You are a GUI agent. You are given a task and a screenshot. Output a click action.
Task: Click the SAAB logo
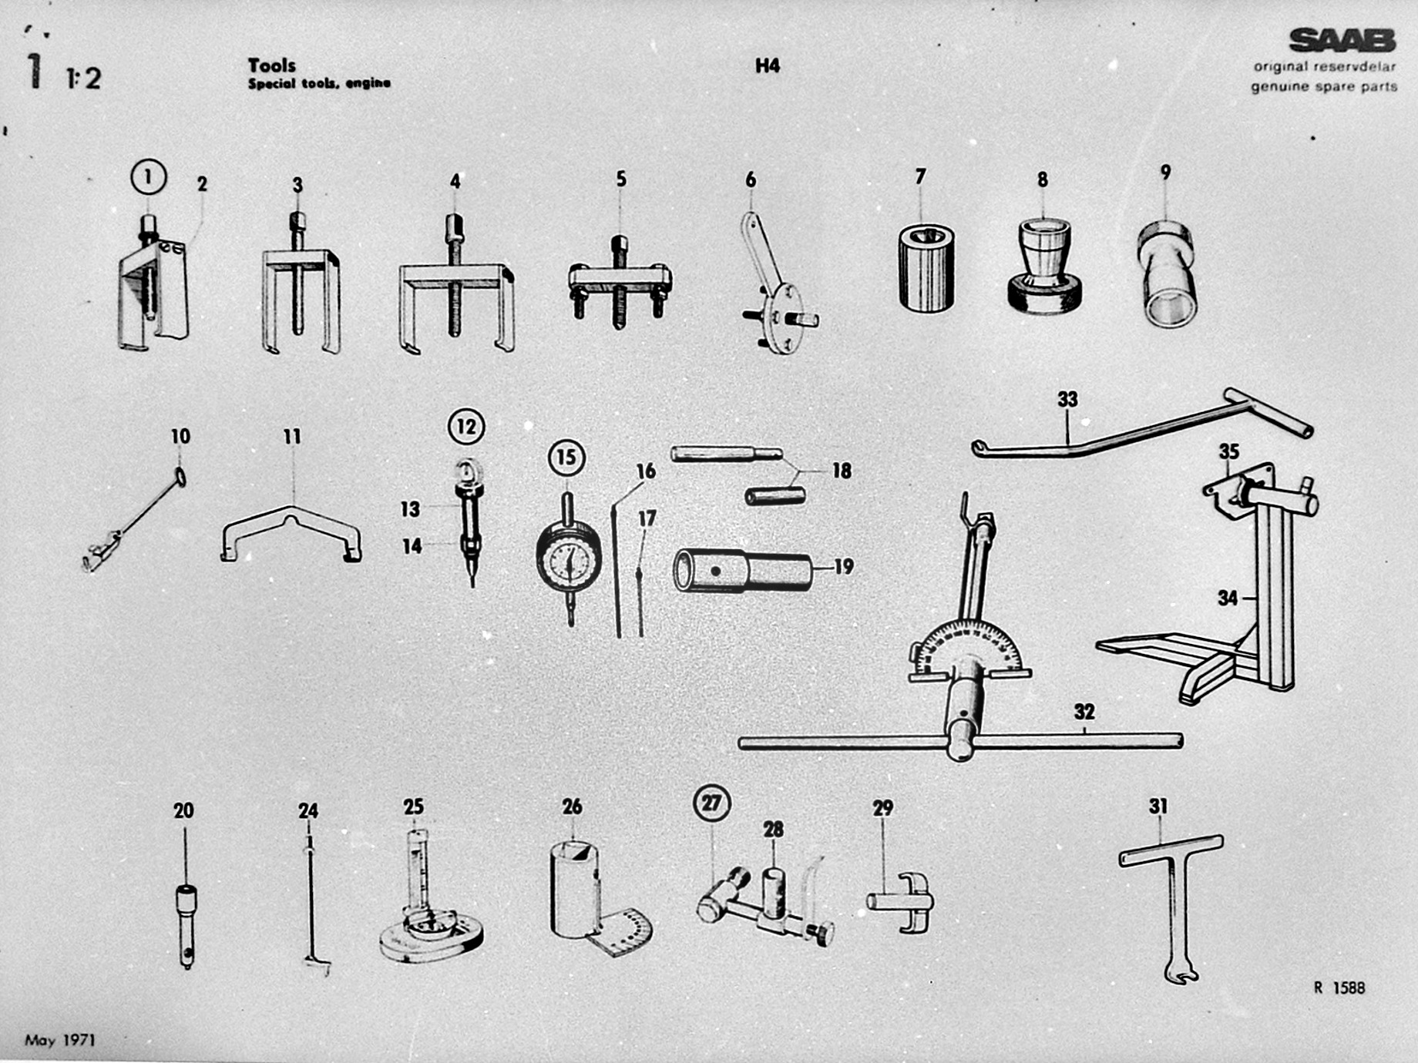point(1342,41)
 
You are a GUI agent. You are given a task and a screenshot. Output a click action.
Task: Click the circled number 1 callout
point(148,176)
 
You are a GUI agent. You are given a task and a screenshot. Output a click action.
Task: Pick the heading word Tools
point(271,65)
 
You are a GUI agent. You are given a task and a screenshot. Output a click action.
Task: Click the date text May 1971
point(60,1040)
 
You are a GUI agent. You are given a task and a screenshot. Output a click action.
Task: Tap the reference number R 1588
point(1339,988)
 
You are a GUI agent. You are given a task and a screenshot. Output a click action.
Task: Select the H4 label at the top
point(768,65)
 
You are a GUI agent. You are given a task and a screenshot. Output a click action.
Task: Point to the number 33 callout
point(1067,399)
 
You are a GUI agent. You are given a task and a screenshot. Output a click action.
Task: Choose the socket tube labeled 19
point(744,571)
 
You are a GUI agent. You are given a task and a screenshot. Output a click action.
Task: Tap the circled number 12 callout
point(466,426)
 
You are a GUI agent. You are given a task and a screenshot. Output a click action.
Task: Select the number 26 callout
point(572,806)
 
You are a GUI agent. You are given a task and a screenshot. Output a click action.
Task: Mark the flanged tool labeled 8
point(1044,266)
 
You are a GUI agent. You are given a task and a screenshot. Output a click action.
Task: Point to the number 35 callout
point(1228,451)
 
